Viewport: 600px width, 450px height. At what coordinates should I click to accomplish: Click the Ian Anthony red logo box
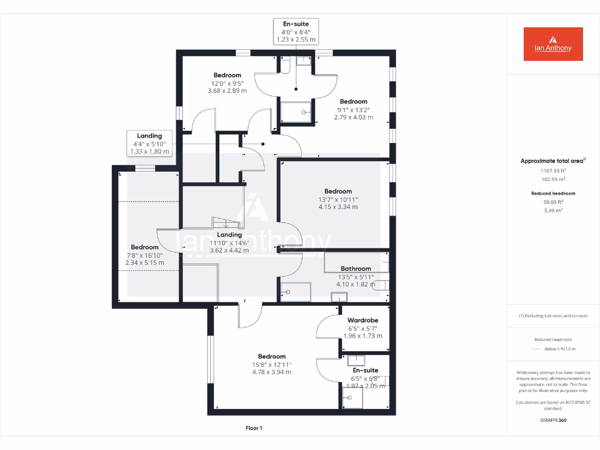553,44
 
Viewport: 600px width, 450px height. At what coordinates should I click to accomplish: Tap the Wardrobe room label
363,321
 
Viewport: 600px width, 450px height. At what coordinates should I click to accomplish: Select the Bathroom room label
356,269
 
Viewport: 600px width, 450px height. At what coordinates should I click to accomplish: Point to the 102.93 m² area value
553,179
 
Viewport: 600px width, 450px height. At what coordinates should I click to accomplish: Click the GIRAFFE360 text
553,420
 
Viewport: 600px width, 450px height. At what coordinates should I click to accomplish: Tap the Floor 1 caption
254,428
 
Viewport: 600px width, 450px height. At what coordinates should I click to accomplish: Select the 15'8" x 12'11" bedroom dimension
272,364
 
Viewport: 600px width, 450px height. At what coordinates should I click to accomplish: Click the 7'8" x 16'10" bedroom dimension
145,255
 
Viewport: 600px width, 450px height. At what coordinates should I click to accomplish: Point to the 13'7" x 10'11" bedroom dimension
338,199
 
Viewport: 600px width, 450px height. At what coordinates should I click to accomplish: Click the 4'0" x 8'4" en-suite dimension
296,32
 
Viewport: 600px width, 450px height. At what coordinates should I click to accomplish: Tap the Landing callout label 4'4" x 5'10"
149,144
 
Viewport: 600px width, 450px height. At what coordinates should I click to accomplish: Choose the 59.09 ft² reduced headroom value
553,202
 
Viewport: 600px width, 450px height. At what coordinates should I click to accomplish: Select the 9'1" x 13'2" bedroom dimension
353,110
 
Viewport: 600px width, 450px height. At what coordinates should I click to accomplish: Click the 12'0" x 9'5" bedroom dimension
227,83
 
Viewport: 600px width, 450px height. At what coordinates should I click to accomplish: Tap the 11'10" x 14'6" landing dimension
229,243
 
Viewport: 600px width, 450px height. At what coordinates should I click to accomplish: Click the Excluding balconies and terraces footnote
553,316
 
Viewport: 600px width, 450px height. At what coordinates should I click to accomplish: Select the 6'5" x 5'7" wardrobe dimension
363,328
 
